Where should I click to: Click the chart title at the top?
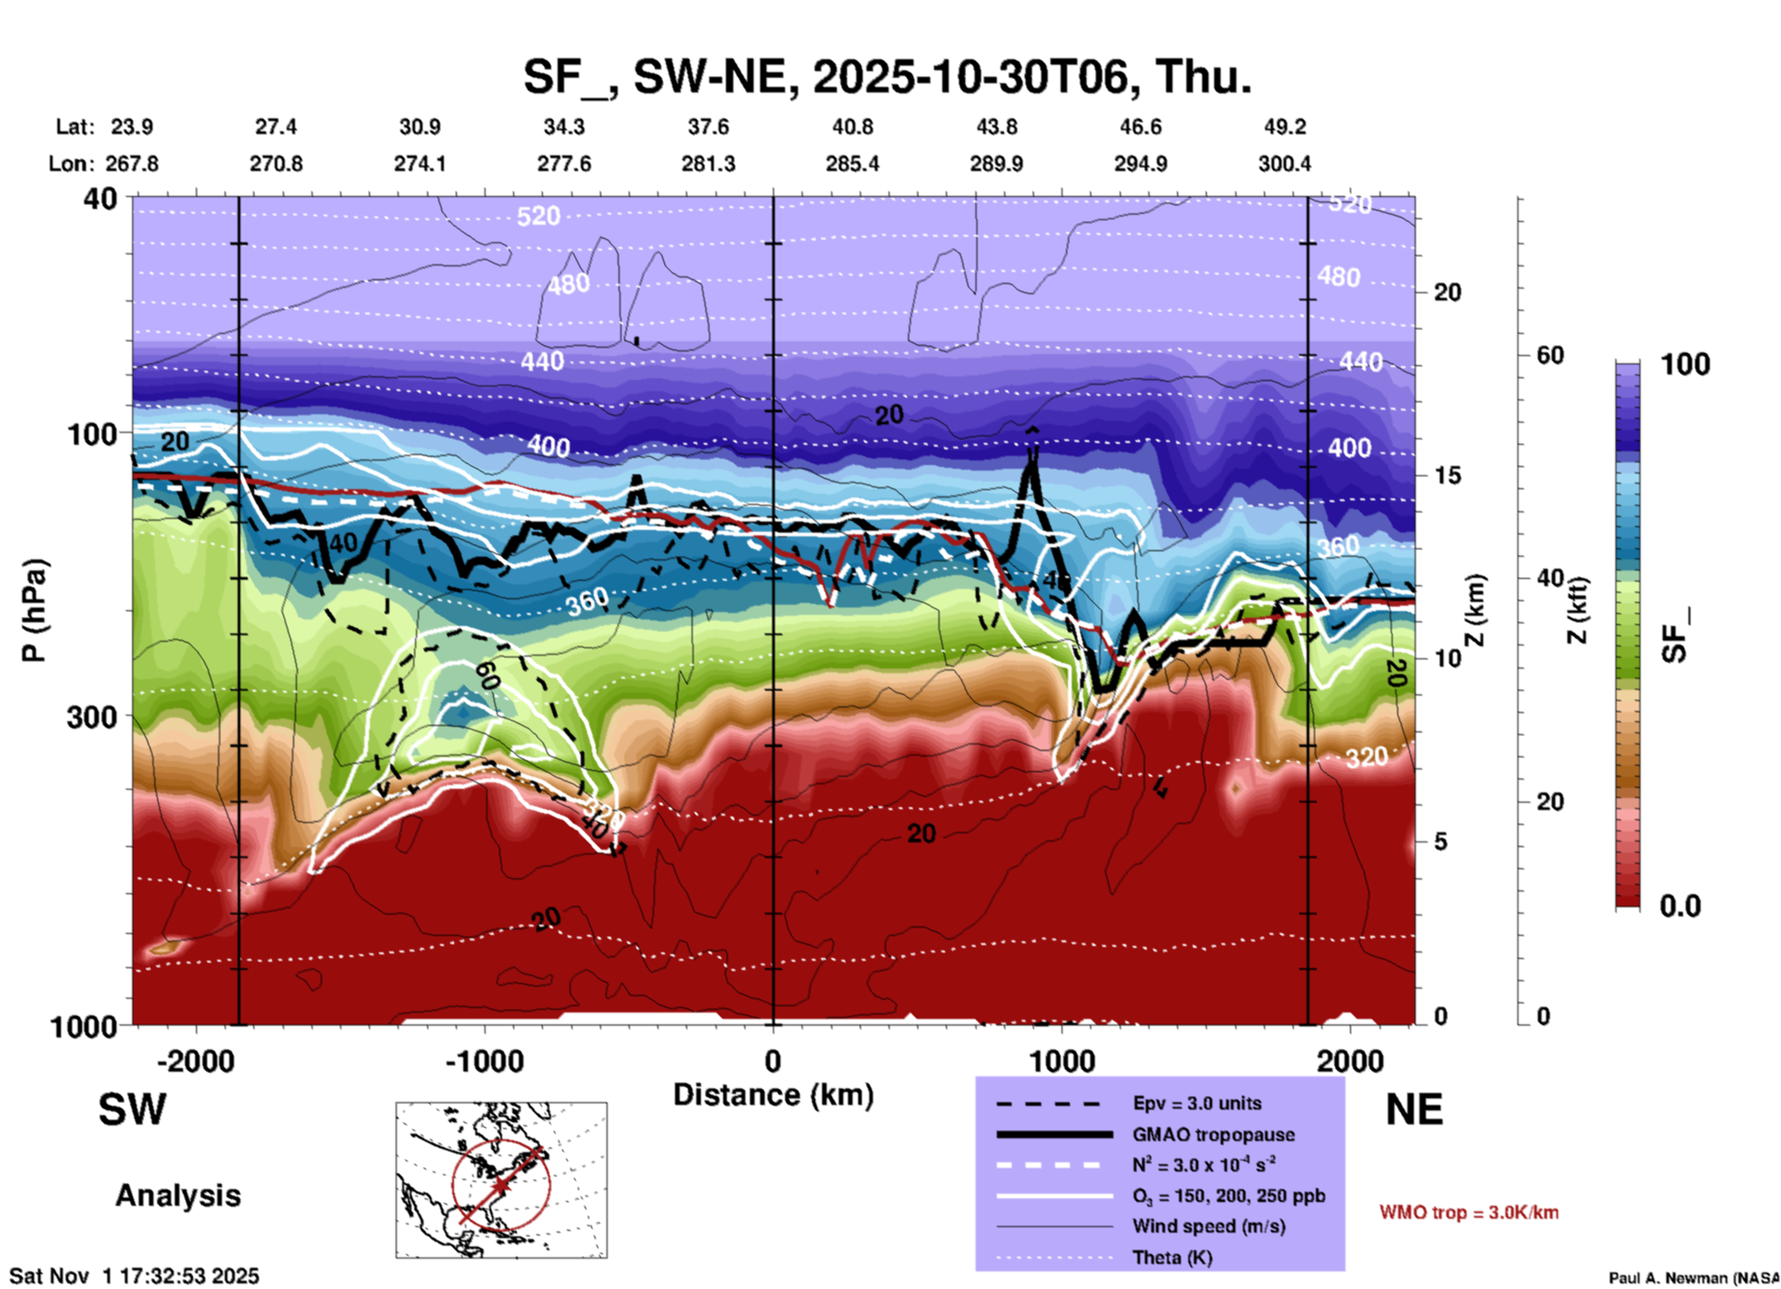888,77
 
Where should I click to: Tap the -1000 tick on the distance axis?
485,1061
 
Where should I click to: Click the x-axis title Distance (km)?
773,1095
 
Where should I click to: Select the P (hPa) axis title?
34,610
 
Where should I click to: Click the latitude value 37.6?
708,127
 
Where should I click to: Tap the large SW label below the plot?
132,1110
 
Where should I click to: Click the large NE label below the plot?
1414,1110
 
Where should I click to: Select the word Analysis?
178,1196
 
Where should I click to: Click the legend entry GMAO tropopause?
1213,1135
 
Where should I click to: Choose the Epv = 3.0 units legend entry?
1197,1103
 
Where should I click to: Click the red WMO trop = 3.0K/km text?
1468,1212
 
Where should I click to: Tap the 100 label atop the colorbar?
1685,364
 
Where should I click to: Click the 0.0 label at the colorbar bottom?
1680,906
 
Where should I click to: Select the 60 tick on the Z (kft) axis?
1551,355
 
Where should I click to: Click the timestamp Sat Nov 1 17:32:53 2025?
135,1276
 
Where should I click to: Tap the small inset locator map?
501,1180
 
